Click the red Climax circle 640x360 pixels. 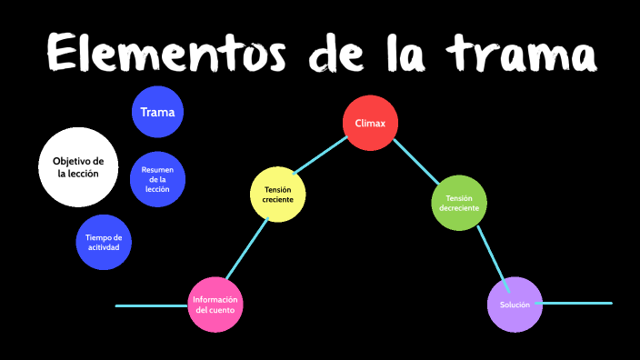point(370,122)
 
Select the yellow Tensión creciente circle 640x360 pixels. point(277,194)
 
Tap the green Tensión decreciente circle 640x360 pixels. point(458,202)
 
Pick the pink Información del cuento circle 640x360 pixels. point(216,305)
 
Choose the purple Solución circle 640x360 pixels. point(515,304)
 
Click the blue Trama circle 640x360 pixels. point(158,113)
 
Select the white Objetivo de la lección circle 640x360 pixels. point(78,166)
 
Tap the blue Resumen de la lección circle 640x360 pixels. point(157,179)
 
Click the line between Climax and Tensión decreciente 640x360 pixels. point(415,162)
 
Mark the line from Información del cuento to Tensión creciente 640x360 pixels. point(246,250)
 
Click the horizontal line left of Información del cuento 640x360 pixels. point(152,306)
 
